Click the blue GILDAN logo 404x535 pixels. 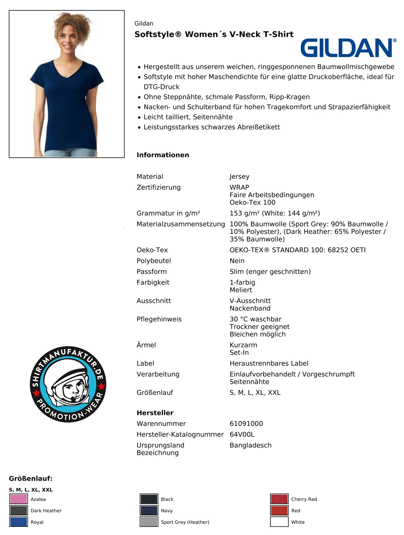[x=348, y=48]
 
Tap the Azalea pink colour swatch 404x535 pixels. [x=19, y=499]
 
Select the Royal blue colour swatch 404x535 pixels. [x=19, y=522]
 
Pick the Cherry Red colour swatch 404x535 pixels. [x=279, y=499]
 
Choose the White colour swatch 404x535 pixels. [x=279, y=522]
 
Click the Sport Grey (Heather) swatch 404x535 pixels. [x=149, y=522]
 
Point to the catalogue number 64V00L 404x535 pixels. [x=242, y=434]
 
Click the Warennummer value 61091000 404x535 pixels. [x=246, y=424]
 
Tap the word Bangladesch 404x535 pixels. [x=250, y=445]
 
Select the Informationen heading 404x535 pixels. [x=163, y=155]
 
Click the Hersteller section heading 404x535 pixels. [x=155, y=413]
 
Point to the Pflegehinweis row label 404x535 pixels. [x=159, y=319]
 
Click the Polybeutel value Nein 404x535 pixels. [x=237, y=261]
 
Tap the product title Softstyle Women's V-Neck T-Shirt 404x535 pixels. [x=214, y=34]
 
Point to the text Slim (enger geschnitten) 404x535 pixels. [x=270, y=272]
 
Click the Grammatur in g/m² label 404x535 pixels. [x=168, y=213]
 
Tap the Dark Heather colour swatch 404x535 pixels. [x=19, y=510]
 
